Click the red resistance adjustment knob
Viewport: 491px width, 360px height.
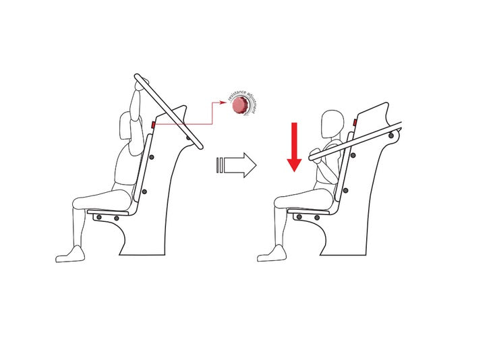click(x=238, y=107)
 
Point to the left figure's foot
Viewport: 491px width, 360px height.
click(x=69, y=254)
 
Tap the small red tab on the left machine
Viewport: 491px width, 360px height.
click(x=153, y=125)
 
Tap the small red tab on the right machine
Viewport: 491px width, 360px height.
click(x=355, y=123)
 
